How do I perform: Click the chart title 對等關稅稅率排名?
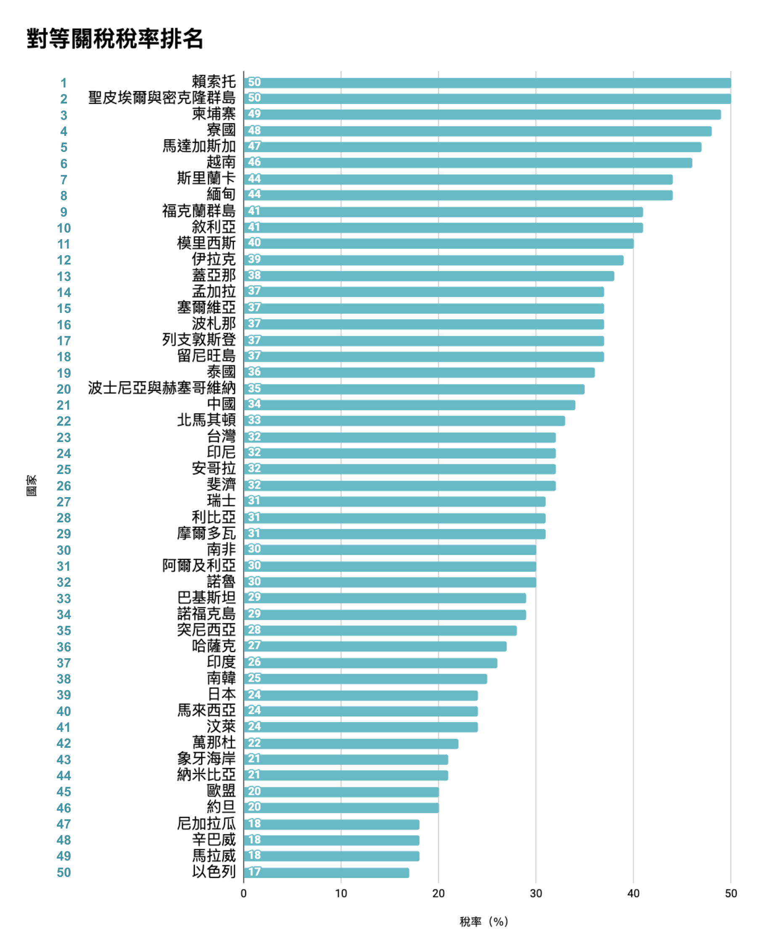[x=115, y=39]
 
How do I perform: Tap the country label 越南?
[x=221, y=163]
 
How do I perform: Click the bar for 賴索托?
[x=487, y=83]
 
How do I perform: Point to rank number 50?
[x=63, y=872]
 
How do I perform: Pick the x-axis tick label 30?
[x=536, y=893]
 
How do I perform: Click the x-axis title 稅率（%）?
[x=484, y=922]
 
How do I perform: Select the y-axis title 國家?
[x=32, y=485]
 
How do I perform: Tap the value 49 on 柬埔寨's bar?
[x=254, y=114]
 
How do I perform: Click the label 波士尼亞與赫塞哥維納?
[x=162, y=388]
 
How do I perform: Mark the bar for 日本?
[x=361, y=695]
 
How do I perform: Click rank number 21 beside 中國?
[x=63, y=405]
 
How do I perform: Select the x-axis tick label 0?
[x=244, y=893]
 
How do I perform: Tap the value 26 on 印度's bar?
[x=254, y=662]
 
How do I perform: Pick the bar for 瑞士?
[x=394, y=502]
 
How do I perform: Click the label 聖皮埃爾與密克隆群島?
[x=162, y=98]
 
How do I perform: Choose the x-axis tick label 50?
[x=731, y=893]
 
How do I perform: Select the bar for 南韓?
[x=365, y=679]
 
